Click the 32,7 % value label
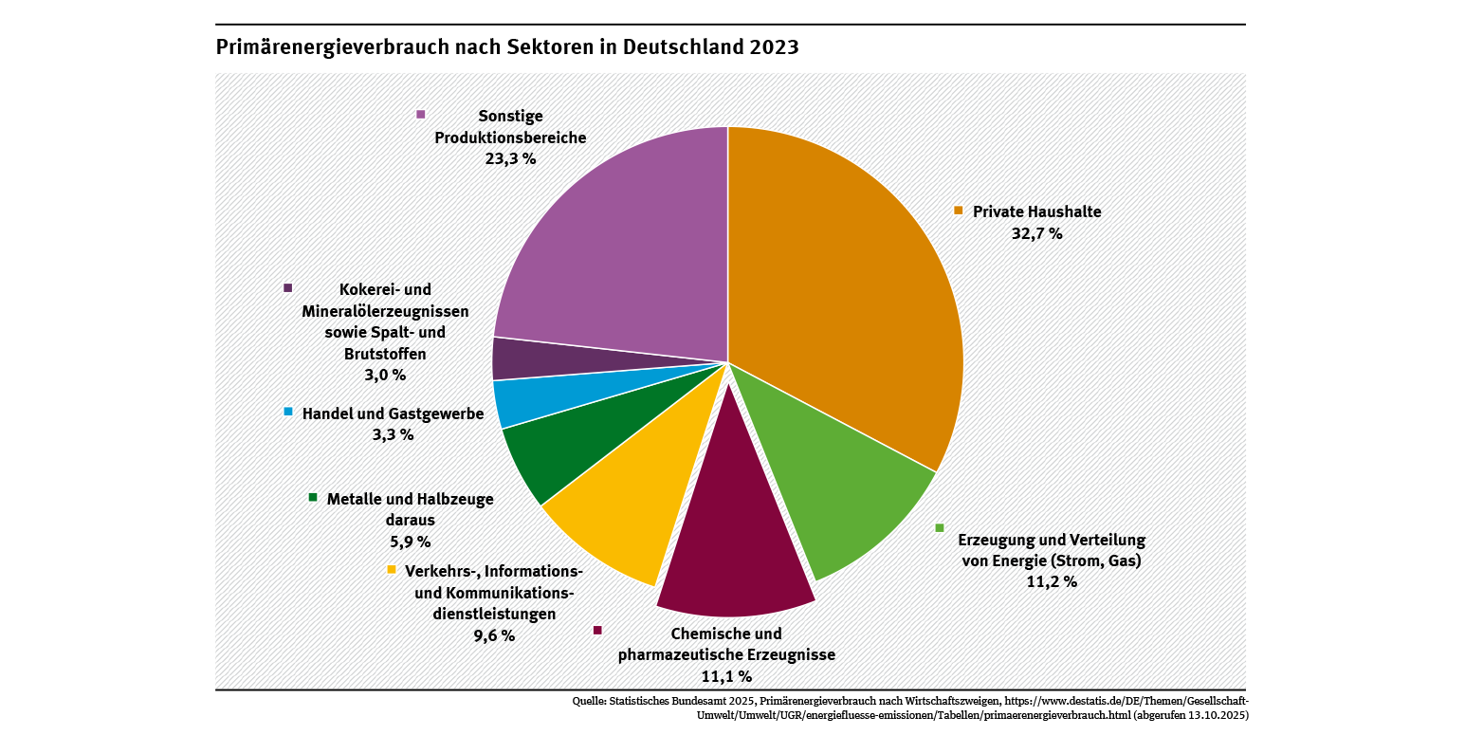tap(1036, 233)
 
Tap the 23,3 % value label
tap(510, 158)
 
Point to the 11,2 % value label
tap(1052, 581)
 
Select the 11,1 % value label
tap(726, 676)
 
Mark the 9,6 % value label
tap(494, 635)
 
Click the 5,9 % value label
tap(410, 542)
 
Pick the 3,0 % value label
tap(385, 375)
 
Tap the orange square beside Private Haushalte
tap(959, 210)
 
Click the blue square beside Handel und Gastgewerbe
tap(288, 412)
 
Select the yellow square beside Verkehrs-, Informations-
tap(391, 570)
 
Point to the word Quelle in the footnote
tap(589, 702)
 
